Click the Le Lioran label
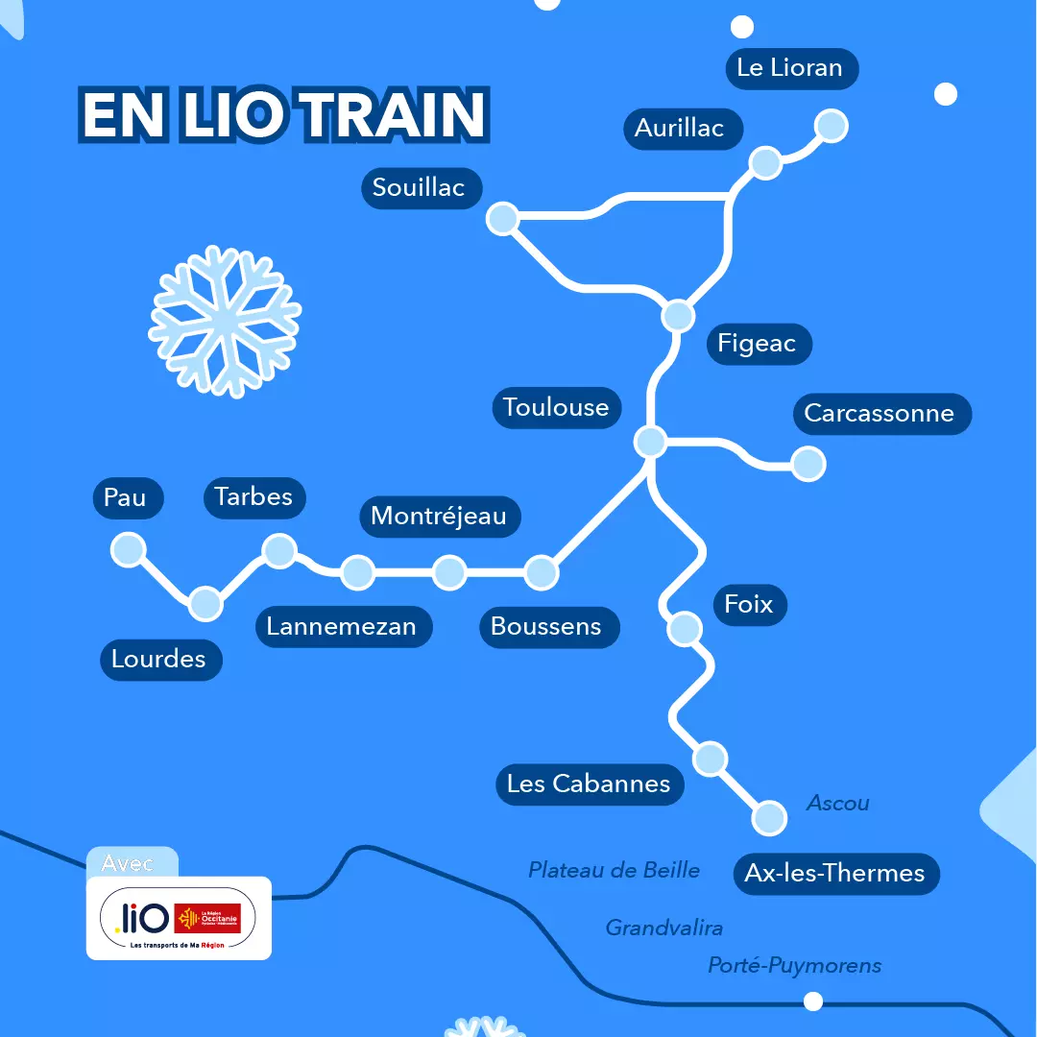789,68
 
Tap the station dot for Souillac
502,219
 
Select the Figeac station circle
678,315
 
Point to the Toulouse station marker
650,442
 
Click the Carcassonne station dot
808,464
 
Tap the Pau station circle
128,549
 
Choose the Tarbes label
253,497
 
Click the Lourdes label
159,660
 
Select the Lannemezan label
342,627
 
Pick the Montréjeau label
439,516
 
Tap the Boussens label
546,627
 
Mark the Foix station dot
685,628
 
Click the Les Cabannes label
589,784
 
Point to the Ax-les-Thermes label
834,874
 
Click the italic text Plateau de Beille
615,870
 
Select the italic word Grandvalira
663,928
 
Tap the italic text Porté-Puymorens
794,965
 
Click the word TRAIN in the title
396,116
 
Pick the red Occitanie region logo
207,918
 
